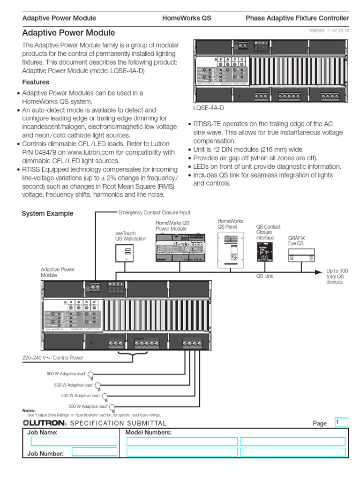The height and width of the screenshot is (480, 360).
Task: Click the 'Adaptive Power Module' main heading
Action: [68, 33]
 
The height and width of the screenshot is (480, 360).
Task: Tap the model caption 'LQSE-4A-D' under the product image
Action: [209, 107]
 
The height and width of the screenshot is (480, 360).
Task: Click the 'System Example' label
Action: [48, 213]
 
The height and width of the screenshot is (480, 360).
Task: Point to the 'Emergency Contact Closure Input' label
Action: [154, 212]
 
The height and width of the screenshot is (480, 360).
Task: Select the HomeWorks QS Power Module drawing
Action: [180, 248]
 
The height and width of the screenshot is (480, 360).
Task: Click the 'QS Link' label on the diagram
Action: [264, 277]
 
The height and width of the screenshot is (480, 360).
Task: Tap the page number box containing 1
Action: [341, 422]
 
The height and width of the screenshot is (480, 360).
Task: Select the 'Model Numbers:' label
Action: [149, 433]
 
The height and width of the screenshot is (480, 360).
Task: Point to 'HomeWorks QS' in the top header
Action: [187, 18]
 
